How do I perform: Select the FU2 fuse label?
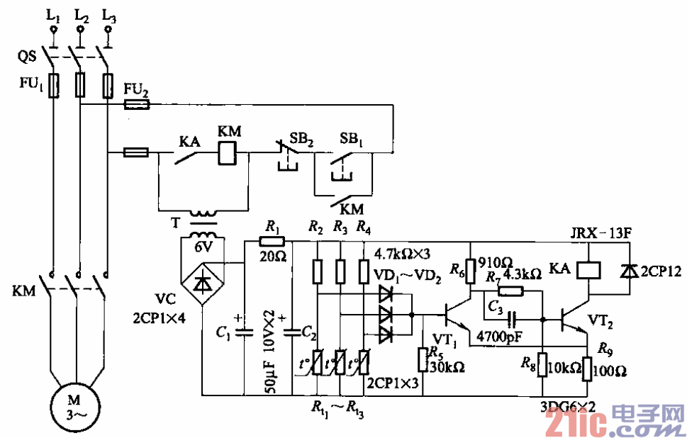click(x=136, y=89)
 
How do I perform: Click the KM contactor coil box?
click(x=228, y=152)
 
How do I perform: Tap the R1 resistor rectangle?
click(x=272, y=242)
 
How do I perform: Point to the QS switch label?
click(x=27, y=55)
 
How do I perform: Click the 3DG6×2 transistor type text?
click(x=566, y=406)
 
